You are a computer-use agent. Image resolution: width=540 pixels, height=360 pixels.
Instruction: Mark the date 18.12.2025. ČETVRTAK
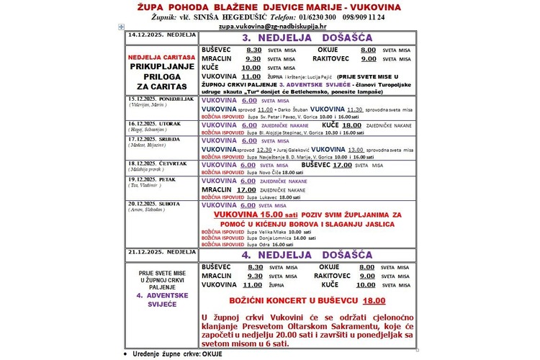point(155,164)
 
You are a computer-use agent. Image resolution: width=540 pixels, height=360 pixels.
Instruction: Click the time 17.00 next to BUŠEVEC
point(341,165)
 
